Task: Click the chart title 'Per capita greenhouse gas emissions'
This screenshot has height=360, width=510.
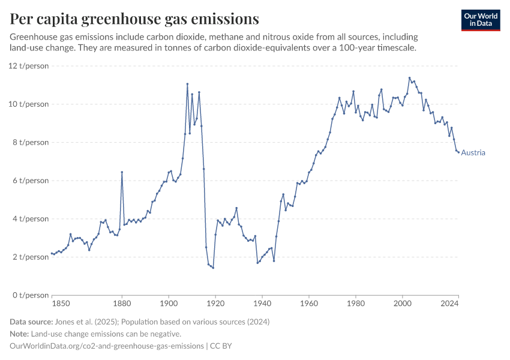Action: point(134,19)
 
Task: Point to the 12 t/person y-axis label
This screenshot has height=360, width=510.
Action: point(29,66)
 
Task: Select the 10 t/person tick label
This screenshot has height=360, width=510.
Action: point(29,104)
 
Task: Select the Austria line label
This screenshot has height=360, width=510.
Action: point(473,152)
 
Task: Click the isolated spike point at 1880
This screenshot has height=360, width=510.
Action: point(122,172)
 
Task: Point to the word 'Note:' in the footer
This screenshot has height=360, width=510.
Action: point(20,334)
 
